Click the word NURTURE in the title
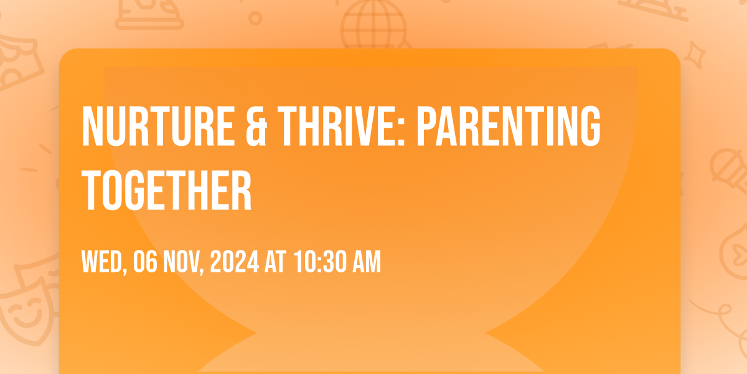coord(157,126)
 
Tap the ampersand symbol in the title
coord(256,126)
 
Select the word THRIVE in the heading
coord(337,126)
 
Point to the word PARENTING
coord(509,126)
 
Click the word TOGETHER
coord(167,189)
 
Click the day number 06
coord(145,262)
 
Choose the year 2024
coord(235,262)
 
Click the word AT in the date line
coord(275,262)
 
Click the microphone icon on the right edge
coord(729,170)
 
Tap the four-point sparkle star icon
coord(694,55)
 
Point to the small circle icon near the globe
coord(255,18)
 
